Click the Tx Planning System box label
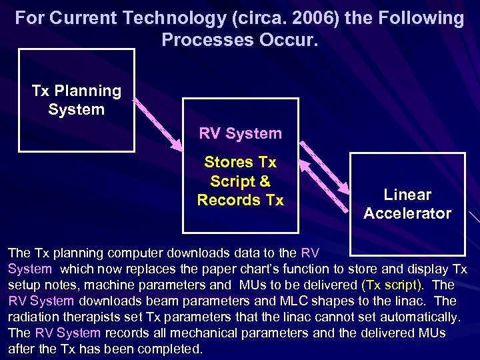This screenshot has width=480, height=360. (76, 100)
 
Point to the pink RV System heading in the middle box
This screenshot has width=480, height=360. (240, 133)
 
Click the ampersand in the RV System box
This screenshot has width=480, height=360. (264, 181)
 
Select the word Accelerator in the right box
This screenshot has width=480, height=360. (407, 213)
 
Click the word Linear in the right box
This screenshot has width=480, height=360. (407, 195)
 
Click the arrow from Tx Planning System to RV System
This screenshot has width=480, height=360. (157, 124)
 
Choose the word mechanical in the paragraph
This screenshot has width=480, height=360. (231, 333)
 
